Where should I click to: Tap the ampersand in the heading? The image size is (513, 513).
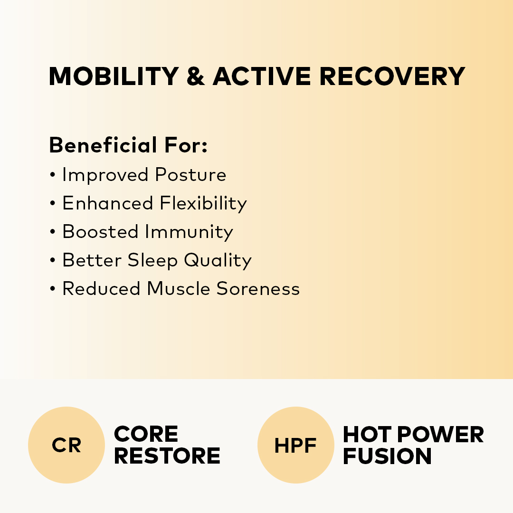pos(196,76)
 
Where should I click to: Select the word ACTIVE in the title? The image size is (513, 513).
pos(262,76)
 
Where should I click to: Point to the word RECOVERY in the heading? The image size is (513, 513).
pos(392,76)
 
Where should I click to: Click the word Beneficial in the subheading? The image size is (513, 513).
pos(103,145)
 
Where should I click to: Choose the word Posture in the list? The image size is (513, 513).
pos(190,174)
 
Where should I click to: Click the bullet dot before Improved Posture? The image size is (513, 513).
pos(53,175)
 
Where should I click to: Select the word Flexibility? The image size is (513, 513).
pos(203,203)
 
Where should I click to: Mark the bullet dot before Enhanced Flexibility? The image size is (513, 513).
pos(53,203)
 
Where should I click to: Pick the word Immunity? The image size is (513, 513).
pos(189,232)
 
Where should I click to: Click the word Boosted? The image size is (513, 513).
pos(100,232)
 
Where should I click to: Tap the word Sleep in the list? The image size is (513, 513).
pos(152,260)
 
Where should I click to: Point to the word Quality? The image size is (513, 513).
pos(218,260)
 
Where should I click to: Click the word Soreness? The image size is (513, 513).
pos(258,289)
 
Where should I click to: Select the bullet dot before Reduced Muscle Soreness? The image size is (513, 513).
pos(53,289)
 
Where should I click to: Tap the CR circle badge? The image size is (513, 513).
pos(66,445)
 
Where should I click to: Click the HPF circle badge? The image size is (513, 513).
pos(296,445)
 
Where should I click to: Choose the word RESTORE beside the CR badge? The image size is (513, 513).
pos(167,456)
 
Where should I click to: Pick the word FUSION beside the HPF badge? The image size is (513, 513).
pos(388,456)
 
